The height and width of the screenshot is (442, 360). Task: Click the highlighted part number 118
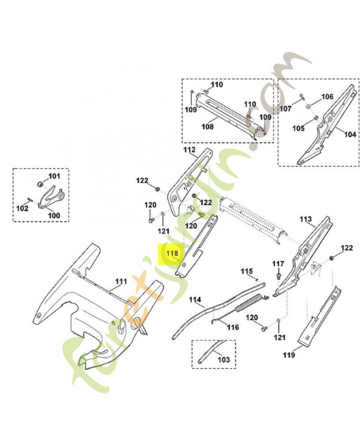pos(172,254)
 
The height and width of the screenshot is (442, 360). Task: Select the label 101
pos(54,177)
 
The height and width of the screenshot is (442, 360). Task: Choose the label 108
pos(207,127)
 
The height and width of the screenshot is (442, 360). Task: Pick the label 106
pos(327,97)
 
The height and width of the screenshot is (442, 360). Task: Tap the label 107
pos(285,109)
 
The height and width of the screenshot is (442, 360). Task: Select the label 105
pos(298,128)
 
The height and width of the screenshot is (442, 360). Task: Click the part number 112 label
pos(189,150)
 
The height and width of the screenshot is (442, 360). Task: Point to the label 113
pos(305,219)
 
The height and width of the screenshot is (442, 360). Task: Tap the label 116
pos(232,327)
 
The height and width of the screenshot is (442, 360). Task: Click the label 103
pos(223,360)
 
